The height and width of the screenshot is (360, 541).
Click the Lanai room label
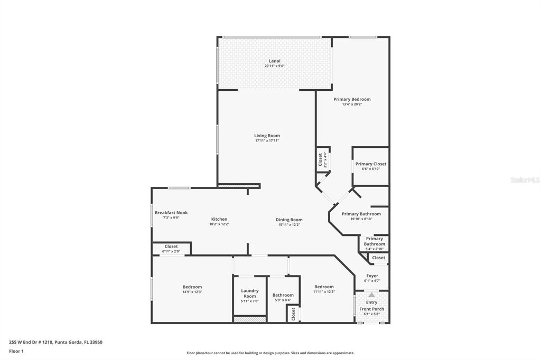click(275, 61)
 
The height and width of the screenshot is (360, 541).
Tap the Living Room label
click(267, 136)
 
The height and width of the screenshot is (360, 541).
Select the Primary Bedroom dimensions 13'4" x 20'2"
click(352, 104)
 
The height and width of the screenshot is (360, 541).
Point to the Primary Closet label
click(371, 164)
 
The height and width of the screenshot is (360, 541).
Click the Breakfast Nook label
click(171, 213)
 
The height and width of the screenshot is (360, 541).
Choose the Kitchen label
click(219, 219)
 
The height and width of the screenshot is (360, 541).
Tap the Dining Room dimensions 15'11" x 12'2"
click(289, 225)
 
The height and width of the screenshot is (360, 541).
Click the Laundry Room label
click(250, 293)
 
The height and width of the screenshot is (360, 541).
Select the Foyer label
click(372, 276)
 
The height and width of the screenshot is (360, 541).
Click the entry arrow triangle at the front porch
click(371, 295)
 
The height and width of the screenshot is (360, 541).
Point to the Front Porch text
click(371, 309)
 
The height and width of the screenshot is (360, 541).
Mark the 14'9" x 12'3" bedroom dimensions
click(192, 292)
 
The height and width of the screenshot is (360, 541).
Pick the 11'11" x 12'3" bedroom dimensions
click(324, 292)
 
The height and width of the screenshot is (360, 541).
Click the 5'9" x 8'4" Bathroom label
click(283, 295)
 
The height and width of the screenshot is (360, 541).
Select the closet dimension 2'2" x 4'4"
click(325, 159)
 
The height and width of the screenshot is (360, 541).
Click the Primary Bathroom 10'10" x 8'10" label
click(361, 214)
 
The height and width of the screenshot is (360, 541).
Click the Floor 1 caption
click(16, 352)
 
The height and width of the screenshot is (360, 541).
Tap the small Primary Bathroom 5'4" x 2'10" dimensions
click(375, 249)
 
